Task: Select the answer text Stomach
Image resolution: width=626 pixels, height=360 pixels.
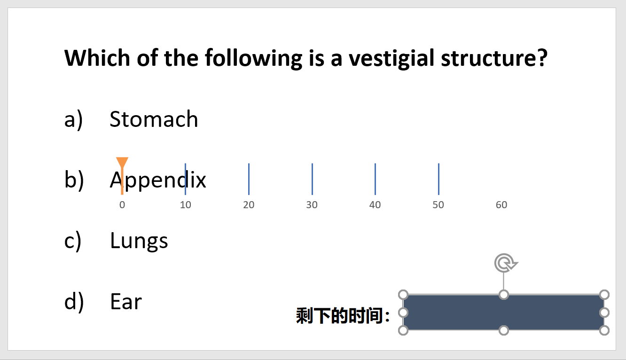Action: [154, 119]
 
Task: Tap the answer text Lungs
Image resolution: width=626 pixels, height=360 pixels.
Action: [139, 241]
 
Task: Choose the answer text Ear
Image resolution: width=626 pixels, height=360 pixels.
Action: [126, 301]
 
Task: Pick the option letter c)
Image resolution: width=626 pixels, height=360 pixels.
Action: [73, 241]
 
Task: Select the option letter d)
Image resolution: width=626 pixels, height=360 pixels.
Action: [74, 302]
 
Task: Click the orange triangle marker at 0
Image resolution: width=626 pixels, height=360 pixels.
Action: [122, 162]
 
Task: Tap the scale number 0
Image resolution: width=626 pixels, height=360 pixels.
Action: [122, 205]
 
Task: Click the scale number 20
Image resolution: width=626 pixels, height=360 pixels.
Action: [249, 205]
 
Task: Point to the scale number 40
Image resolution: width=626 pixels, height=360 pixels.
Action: [375, 205]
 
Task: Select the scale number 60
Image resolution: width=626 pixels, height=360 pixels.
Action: [501, 205]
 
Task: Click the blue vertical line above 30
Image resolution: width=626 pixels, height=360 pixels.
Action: [312, 179]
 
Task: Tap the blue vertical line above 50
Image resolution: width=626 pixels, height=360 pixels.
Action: [439, 179]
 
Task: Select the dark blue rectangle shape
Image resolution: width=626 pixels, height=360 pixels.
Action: [504, 313]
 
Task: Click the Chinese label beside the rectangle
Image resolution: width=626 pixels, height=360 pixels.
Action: [343, 316]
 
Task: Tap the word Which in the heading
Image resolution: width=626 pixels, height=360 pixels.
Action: [97, 58]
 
